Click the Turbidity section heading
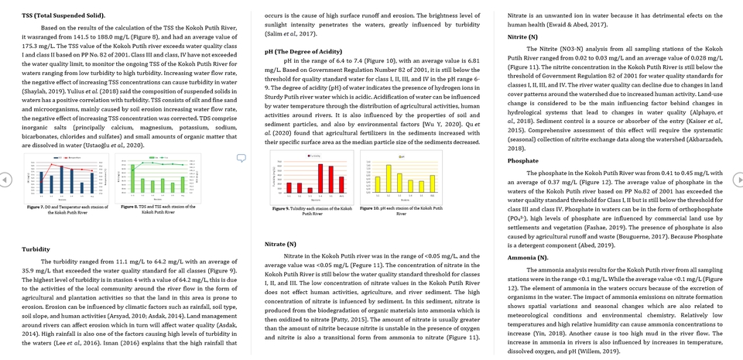36,249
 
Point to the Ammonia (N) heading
528,256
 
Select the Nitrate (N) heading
280,244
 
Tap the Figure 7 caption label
39,207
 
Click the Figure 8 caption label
133,207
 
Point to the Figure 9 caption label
286,208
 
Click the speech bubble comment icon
241,158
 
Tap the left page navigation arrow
5,180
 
